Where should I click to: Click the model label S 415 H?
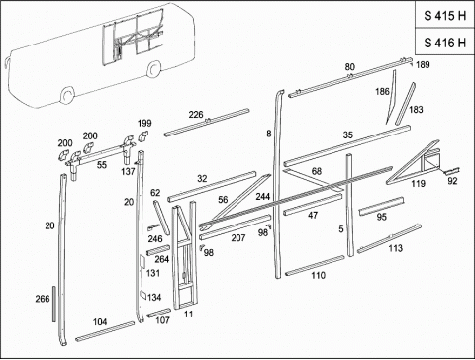tap(444, 16)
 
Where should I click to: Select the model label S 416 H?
tap(444, 43)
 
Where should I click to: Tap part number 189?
tap(423, 65)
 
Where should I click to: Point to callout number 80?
tap(350, 67)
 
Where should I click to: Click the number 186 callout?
tap(382, 91)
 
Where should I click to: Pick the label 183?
tap(416, 109)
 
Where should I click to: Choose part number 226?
tap(196, 115)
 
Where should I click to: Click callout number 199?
tap(144, 123)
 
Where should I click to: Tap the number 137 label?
tap(128, 171)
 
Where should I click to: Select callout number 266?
tap(43, 299)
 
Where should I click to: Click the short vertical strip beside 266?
tap(54, 304)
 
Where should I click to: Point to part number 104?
tap(100, 322)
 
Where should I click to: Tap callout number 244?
tap(263, 197)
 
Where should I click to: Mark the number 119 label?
tap(418, 184)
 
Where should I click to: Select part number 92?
tap(452, 181)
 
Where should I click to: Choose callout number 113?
tap(395, 248)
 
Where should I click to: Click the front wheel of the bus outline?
tap(68, 95)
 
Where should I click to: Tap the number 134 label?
tap(154, 298)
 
